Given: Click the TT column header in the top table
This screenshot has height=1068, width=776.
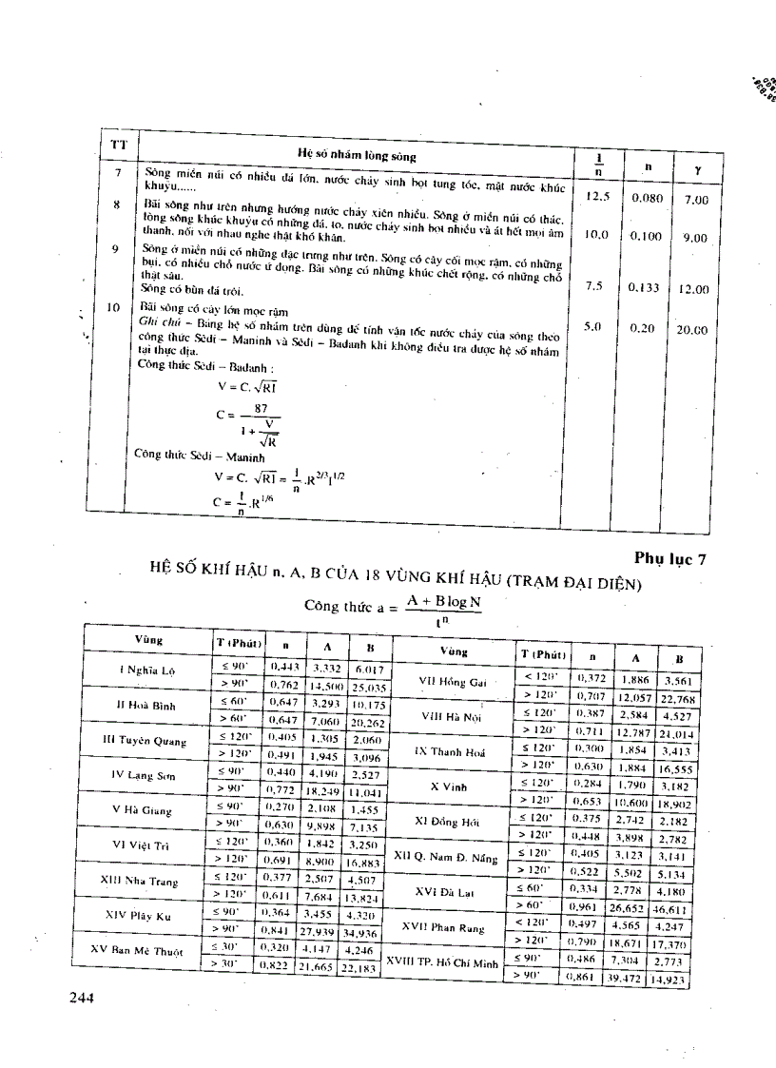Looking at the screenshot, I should (119, 145).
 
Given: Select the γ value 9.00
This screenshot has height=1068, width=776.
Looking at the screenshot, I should (695, 238).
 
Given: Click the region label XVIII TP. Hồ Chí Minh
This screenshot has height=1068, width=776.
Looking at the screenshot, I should (447, 962).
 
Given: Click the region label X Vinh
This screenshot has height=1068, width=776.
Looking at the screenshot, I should (454, 786).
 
